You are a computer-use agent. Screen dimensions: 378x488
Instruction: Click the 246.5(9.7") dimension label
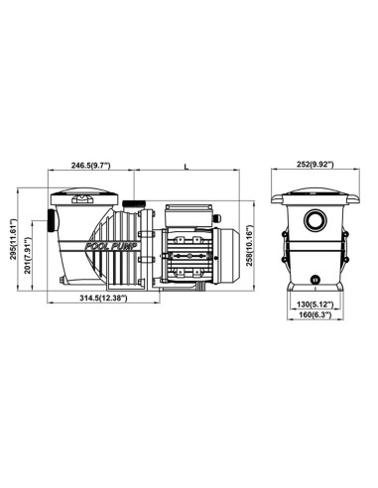click(x=90, y=166)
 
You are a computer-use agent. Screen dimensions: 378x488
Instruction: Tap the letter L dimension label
click(x=187, y=167)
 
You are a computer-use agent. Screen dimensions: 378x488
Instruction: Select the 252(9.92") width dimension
click(x=315, y=165)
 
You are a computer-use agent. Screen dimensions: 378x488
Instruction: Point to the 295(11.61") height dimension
click(x=13, y=239)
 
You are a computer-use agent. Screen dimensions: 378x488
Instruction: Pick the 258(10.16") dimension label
click(x=250, y=245)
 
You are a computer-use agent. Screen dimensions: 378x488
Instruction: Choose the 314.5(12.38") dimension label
click(x=103, y=298)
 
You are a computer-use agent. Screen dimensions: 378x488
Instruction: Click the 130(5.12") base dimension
click(x=315, y=305)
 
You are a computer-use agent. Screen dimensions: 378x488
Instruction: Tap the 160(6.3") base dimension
click(x=315, y=314)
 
